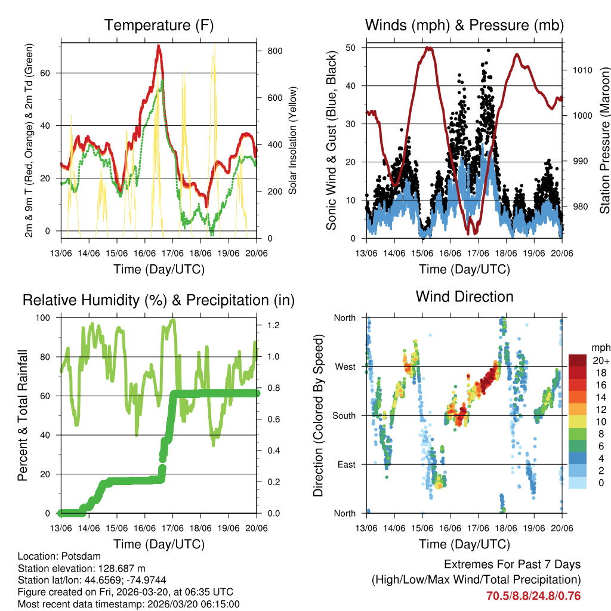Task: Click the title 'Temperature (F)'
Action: (159, 25)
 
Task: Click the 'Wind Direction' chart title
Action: (464, 297)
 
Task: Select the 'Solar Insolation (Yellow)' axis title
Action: (292, 141)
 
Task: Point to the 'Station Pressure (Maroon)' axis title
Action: (604, 141)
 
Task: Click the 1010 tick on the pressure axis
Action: (581, 70)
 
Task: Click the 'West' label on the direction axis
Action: (344, 366)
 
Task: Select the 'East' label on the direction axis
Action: (345, 464)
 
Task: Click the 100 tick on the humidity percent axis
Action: (45, 317)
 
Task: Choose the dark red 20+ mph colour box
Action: (577, 360)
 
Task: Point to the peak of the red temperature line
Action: (159, 46)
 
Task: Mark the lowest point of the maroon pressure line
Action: (471, 233)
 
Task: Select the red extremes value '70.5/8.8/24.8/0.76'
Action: (533, 595)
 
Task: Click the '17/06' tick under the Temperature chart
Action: (173, 252)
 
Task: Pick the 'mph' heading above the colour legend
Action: (598, 347)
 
